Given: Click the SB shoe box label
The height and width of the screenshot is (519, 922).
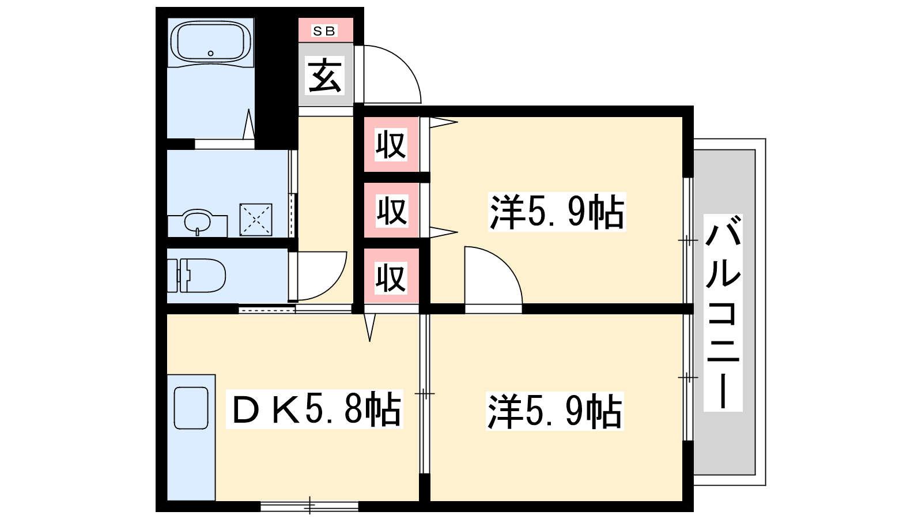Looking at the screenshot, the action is (x=325, y=31).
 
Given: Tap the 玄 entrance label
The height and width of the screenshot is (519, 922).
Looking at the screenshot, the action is (x=325, y=76).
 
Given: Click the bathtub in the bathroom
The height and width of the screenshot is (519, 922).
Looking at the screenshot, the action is (x=210, y=43).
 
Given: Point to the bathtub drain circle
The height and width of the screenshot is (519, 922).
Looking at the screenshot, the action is (x=211, y=53).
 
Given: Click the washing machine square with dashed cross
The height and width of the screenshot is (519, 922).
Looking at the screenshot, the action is (x=256, y=220).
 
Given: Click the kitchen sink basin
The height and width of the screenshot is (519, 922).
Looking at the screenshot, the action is (x=191, y=408).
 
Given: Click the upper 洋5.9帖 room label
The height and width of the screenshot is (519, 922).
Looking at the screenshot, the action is (x=557, y=212).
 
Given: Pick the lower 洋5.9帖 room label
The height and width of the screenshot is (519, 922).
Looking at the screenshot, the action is (x=555, y=411).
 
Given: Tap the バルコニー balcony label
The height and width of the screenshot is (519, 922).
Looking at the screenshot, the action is (x=723, y=313).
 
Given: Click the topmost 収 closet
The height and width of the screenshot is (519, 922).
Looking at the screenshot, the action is (x=391, y=144).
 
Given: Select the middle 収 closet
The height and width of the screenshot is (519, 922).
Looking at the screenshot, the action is (x=392, y=210).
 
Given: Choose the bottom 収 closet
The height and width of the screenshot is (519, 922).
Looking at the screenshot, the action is (x=391, y=277).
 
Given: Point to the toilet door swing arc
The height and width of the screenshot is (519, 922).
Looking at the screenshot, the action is (x=334, y=285).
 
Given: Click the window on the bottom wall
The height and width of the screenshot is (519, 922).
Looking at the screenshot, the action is (x=309, y=506).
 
